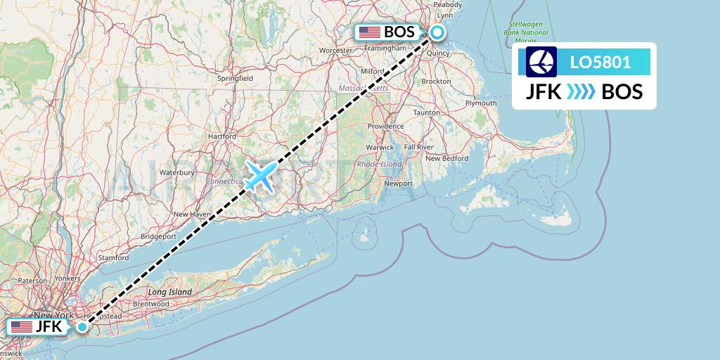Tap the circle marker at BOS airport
click(437, 32)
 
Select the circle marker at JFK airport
click(83, 326)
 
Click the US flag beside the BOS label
click(369, 32)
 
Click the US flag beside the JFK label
click(22, 327)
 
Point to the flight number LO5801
click(600, 62)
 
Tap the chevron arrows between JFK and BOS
click(581, 91)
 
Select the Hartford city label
click(222, 136)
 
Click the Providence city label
click(386, 127)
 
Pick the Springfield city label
click(235, 79)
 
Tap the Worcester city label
click(335, 51)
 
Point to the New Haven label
click(192, 214)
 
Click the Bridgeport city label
click(157, 237)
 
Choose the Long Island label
click(169, 291)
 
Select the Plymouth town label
click(482, 103)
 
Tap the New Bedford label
click(446, 158)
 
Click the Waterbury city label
click(176, 172)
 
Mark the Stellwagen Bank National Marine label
click(528, 32)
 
